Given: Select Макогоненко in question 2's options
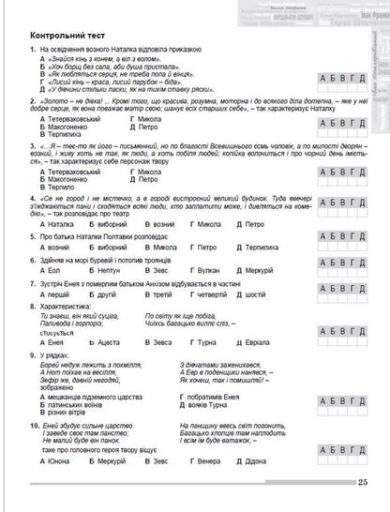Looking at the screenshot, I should pos(69,128).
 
